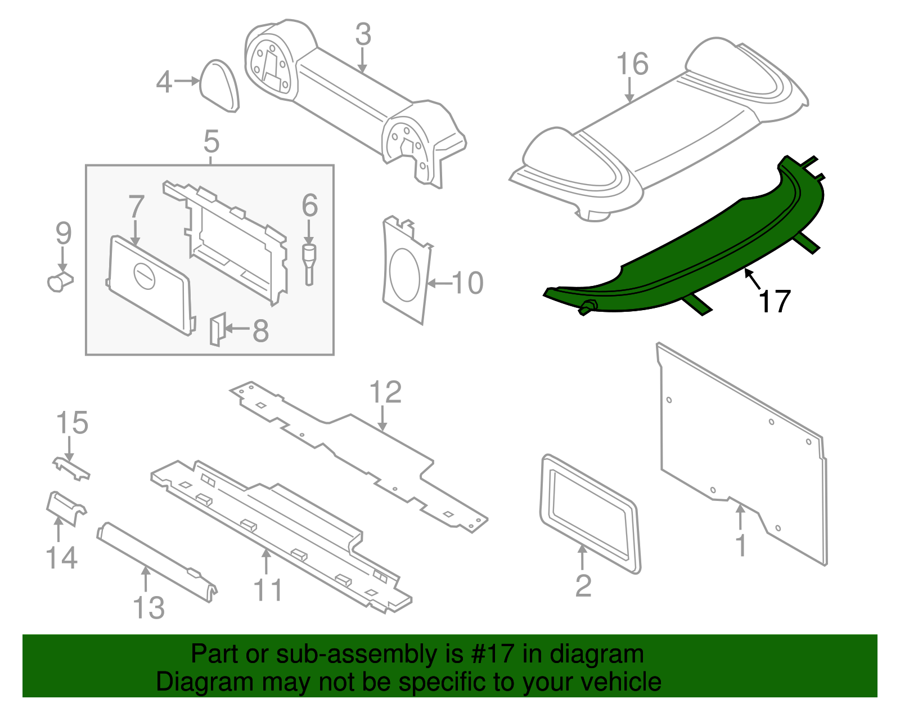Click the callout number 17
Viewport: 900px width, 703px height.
click(775, 302)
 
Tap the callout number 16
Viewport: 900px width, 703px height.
click(632, 64)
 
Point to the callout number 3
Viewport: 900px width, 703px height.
click(363, 35)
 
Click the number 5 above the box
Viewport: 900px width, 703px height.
click(211, 142)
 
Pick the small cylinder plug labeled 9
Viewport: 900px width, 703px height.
click(58, 280)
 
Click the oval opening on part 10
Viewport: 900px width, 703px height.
click(404, 275)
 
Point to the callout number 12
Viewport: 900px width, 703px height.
click(385, 393)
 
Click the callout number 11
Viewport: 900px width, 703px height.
click(268, 590)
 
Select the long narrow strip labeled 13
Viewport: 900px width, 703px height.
click(155, 563)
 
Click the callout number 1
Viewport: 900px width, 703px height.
click(741, 545)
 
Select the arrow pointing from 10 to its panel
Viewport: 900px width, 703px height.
click(440, 283)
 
